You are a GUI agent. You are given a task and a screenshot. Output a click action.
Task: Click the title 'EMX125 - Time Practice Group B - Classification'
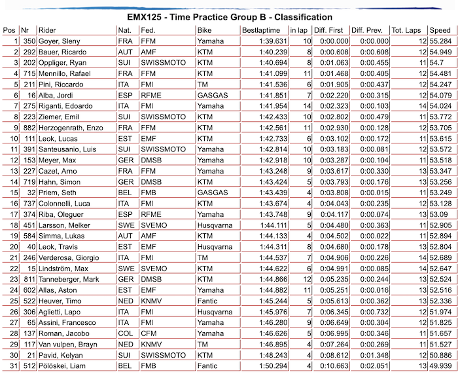coord(229,16)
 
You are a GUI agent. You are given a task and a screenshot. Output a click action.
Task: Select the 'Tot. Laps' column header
coord(406,30)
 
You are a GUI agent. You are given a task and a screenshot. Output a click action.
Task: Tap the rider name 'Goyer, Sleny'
coord(60,41)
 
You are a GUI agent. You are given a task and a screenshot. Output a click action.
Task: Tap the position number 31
coord(12,364)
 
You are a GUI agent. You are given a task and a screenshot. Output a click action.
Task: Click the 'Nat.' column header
coord(124,30)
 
